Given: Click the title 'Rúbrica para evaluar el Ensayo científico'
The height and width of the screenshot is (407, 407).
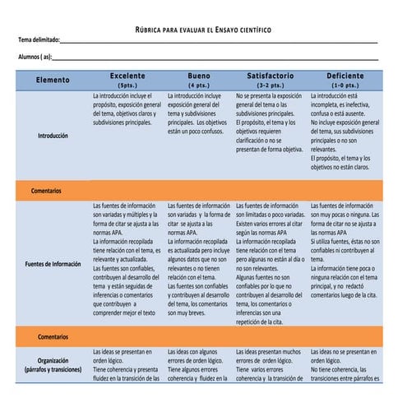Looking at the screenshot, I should [203, 29].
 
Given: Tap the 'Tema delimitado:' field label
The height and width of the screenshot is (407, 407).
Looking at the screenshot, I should [39, 40].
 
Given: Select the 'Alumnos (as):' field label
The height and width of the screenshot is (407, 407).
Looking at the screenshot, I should [35, 57].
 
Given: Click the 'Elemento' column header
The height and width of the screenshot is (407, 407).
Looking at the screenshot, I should [53, 80].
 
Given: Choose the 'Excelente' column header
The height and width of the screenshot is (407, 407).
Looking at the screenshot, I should [127, 76].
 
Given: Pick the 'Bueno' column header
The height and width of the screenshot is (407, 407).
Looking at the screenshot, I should [199, 76].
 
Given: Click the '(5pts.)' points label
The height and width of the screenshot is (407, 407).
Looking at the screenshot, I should [127, 85].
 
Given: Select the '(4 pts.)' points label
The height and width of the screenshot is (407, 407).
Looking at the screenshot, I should [199, 85].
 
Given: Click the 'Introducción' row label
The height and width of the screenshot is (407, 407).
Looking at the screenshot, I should [53, 136].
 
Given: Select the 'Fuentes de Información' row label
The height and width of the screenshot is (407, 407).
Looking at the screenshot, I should [53, 264].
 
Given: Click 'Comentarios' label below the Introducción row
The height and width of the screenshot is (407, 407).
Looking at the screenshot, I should [47, 190].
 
